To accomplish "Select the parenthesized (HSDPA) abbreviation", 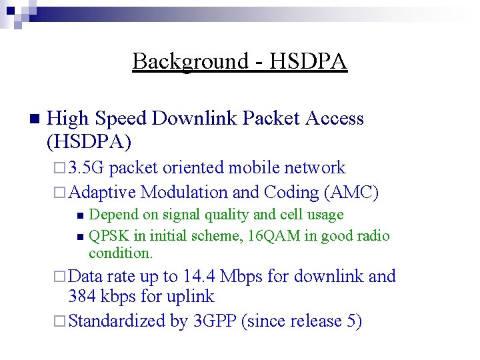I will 89,141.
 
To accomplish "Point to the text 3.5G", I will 87,168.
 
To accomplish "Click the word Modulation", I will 183,192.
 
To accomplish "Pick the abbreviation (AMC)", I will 351,192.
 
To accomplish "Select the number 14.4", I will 199,276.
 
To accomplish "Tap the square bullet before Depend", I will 79,215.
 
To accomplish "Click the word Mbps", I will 242,276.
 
